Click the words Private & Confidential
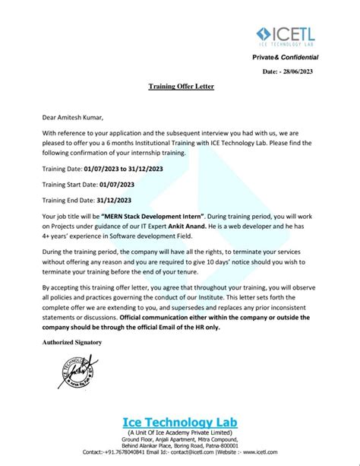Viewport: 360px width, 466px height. (x=290, y=58)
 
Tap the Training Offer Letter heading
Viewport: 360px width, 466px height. (x=181, y=87)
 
